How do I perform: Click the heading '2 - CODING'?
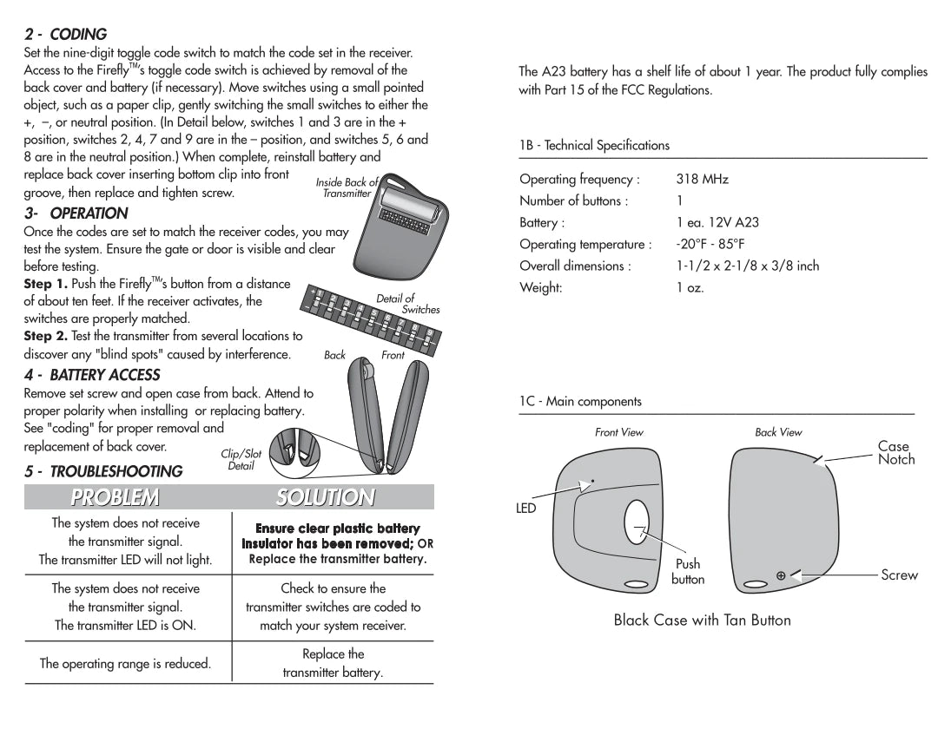pos(65,35)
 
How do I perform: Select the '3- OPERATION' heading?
pos(76,213)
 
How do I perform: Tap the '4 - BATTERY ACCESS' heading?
pos(92,375)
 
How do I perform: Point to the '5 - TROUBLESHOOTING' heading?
pos(103,471)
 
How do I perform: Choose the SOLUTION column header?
pos(326,497)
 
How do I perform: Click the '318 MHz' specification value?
pos(702,180)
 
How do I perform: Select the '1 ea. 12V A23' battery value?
pos(717,223)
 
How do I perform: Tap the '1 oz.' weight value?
pos(690,287)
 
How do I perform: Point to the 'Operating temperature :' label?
pos(585,245)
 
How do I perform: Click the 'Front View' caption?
pos(619,432)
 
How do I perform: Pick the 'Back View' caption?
pos(778,432)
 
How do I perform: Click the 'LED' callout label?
pos(526,509)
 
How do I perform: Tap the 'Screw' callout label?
pos(899,575)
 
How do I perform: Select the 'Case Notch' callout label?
pos(895,453)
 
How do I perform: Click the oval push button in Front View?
pos(636,526)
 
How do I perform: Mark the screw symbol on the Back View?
pos(781,575)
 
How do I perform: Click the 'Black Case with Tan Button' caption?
pos(702,620)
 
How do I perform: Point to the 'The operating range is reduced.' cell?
pos(125,664)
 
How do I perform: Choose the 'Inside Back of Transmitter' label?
pos(347,187)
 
